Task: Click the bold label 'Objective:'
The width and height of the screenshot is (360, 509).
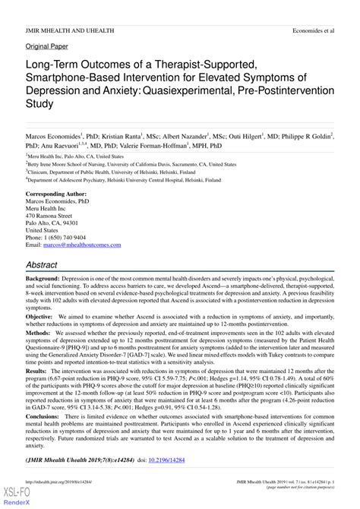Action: click(44, 332)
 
